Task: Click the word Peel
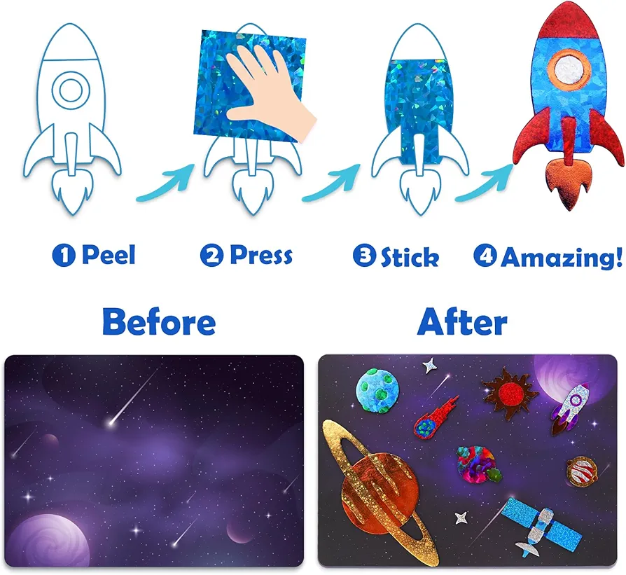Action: [x=109, y=254]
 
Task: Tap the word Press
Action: [x=261, y=255]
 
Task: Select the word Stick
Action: [x=410, y=257]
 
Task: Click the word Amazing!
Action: [x=562, y=257]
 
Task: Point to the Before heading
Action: [x=159, y=321]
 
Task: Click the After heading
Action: [x=462, y=321]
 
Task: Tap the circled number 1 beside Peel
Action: [x=64, y=255]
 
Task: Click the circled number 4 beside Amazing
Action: [x=485, y=256]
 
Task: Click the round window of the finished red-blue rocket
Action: [x=569, y=70]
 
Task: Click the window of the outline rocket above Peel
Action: [x=71, y=90]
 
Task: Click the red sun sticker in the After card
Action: [x=510, y=394]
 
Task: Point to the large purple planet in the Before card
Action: [x=48, y=540]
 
